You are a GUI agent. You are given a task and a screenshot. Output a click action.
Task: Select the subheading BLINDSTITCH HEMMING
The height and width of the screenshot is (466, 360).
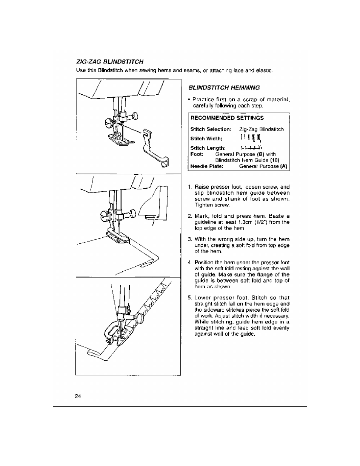click(224, 88)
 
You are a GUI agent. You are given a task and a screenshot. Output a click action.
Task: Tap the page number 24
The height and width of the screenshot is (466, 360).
click(78, 396)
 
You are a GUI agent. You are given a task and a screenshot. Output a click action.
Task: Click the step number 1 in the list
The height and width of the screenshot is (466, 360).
click(190, 187)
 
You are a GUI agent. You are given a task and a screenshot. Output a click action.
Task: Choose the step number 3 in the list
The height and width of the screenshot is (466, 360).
click(190, 239)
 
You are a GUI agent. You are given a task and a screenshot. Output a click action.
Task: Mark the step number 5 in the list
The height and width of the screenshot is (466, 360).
click(190, 298)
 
